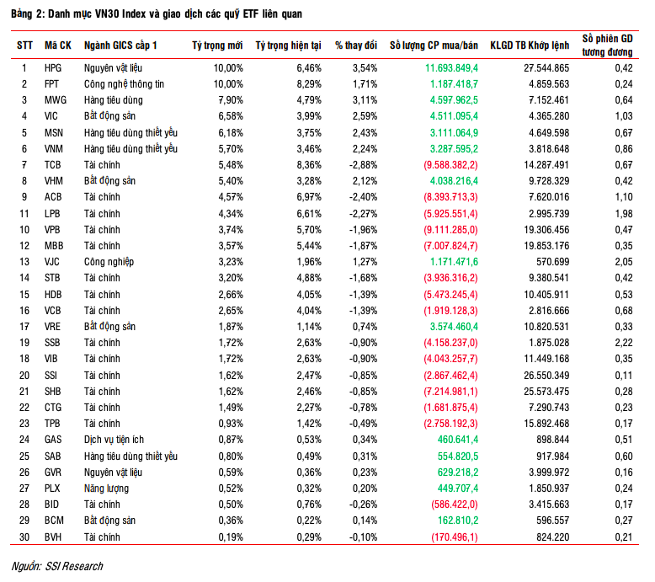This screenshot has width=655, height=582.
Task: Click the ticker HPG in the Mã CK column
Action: click(x=53, y=67)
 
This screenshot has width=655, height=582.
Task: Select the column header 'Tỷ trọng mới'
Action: click(x=217, y=45)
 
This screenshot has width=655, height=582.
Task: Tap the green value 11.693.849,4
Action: click(x=451, y=67)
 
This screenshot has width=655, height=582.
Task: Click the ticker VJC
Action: click(x=53, y=262)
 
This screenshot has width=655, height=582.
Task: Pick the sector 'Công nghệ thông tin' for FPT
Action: click(x=123, y=83)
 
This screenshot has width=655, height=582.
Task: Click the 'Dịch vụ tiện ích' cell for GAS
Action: click(x=115, y=440)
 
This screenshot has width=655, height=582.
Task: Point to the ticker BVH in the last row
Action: click(x=53, y=537)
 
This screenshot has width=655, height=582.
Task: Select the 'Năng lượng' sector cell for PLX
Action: click(x=107, y=488)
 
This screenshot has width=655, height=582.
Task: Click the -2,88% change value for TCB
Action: click(x=359, y=164)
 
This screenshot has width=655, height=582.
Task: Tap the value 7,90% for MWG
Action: click(x=228, y=99)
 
